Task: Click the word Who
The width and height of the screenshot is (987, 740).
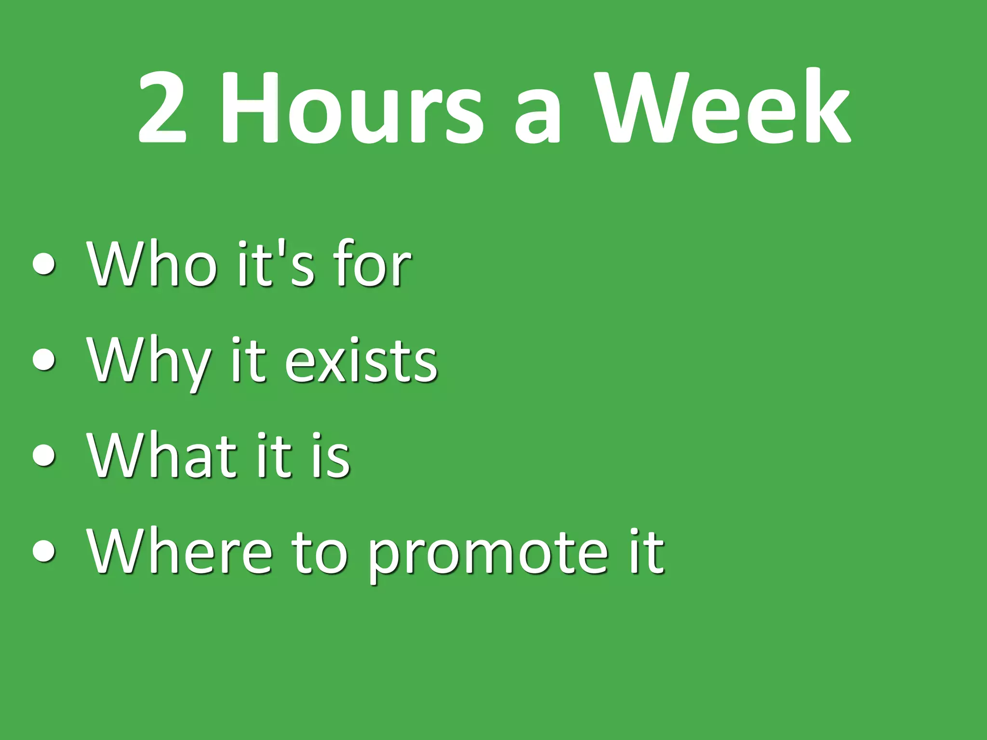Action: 152,264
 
